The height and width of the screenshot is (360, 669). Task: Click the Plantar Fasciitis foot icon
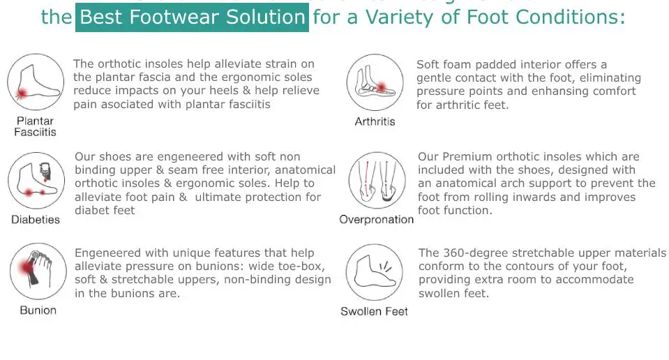[x=36, y=83]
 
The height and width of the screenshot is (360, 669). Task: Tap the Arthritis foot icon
[x=375, y=83]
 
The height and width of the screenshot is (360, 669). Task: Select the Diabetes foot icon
[x=36, y=180]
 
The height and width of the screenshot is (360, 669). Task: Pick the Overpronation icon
[x=376, y=180]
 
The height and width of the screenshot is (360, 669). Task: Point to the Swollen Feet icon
[x=375, y=272]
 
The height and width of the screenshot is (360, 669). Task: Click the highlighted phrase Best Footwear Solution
[x=193, y=17]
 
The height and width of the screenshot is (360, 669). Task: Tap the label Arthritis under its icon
[x=375, y=121]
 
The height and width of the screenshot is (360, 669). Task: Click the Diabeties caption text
[x=36, y=220]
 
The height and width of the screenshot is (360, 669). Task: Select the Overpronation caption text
[x=376, y=220]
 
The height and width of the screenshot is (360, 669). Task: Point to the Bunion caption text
[x=38, y=310]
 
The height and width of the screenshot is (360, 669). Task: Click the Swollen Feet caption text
[x=374, y=311]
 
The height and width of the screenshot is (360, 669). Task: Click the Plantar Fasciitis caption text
[x=35, y=126]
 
